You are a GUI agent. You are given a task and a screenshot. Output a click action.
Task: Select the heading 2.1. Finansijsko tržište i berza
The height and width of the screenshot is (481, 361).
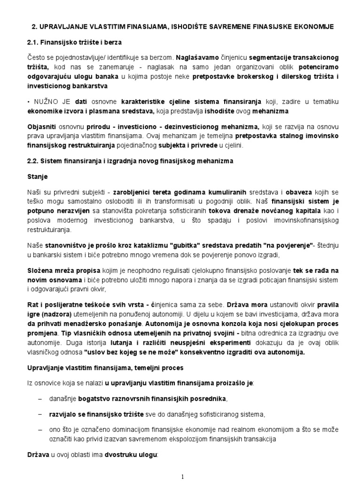pyautogui.click(x=74, y=43)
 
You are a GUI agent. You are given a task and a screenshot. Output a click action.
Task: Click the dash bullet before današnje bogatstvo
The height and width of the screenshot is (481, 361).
pyautogui.click(x=39, y=399)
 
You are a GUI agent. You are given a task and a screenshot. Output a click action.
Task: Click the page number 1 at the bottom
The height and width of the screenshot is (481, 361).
pyautogui.click(x=181, y=475)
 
